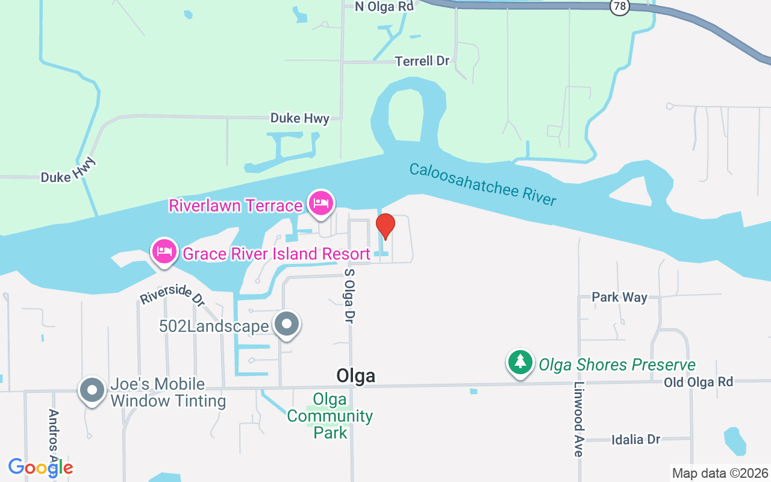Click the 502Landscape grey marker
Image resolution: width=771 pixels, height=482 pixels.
(x=286, y=325)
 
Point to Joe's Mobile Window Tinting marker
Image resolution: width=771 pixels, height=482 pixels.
(x=92, y=390)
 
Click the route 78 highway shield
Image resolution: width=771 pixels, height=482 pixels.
(x=619, y=6)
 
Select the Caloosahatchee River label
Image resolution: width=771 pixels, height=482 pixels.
(x=482, y=184)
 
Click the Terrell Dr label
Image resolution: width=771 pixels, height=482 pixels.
(x=423, y=61)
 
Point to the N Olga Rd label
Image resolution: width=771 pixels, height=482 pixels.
(x=384, y=7)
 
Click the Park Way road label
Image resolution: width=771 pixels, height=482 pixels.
(x=619, y=297)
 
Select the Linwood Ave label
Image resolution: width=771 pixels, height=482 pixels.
(x=579, y=419)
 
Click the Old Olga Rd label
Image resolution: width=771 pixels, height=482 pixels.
(x=698, y=382)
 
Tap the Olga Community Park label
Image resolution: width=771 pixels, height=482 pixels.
(x=330, y=416)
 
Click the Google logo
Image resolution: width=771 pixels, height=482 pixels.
(x=41, y=468)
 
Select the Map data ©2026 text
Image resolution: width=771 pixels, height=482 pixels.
(x=720, y=473)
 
